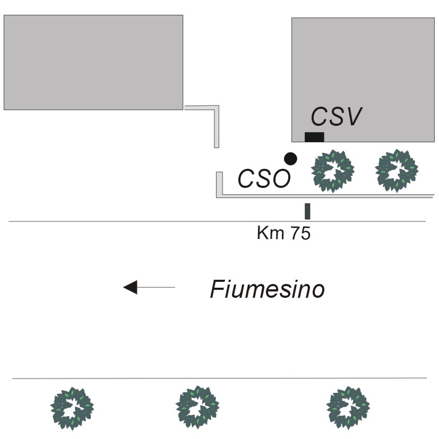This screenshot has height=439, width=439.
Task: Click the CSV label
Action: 336,117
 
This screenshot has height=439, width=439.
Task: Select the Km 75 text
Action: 283,234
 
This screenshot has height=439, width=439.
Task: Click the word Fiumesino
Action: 267,290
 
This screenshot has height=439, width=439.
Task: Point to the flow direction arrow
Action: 149,287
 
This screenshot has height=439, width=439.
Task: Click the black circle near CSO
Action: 290,158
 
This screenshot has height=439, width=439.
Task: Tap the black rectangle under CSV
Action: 314,137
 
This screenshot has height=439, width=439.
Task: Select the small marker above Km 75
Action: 307,211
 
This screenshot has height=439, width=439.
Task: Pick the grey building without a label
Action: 93,62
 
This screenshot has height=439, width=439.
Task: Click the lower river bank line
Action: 212,378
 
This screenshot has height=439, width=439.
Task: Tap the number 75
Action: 299,234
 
